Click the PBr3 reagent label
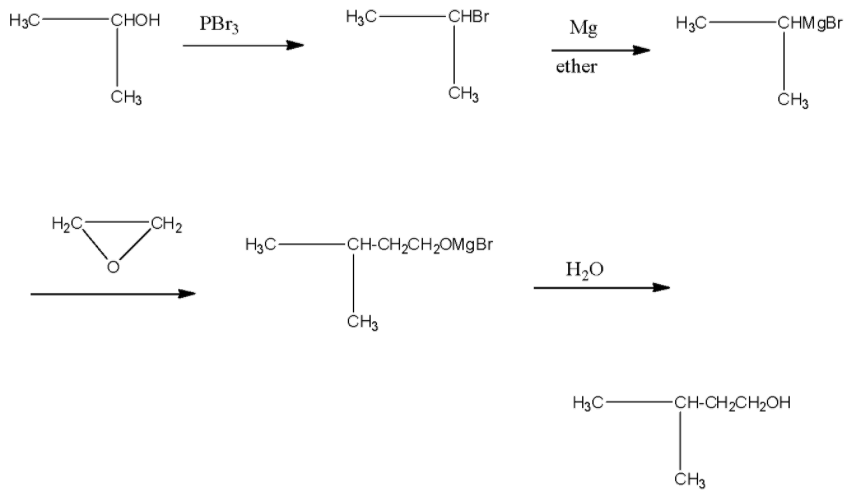pos(219,23)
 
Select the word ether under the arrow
pos(577,67)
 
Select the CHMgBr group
pos(809,24)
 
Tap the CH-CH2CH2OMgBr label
pos(419,245)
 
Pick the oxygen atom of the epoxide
pos(113,266)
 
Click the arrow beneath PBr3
pos(243,45)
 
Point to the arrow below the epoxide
pos(112,294)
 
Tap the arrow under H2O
pos(601,288)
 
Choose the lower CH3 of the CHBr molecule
pos(463,94)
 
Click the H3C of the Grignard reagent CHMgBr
pos(693,24)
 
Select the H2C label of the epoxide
pos(67,223)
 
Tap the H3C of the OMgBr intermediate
pos(262,245)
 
